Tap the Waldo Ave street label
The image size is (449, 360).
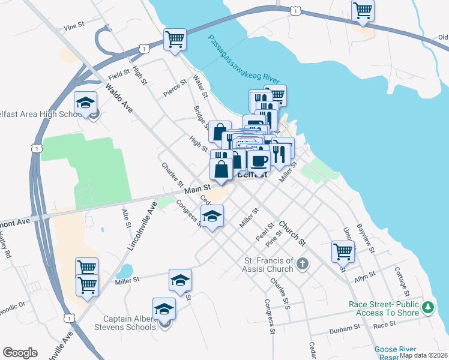click(119, 98)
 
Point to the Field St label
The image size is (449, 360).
click(119, 75)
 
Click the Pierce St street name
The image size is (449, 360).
click(176, 89)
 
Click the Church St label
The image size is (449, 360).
click(292, 233)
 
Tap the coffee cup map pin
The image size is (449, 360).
click(259, 161)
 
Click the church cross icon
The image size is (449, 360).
click(303, 263)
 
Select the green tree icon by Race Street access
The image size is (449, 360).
click(427, 308)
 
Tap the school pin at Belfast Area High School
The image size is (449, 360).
click(86, 103)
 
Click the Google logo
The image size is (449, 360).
click(20, 353)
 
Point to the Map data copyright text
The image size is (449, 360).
click(423, 355)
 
